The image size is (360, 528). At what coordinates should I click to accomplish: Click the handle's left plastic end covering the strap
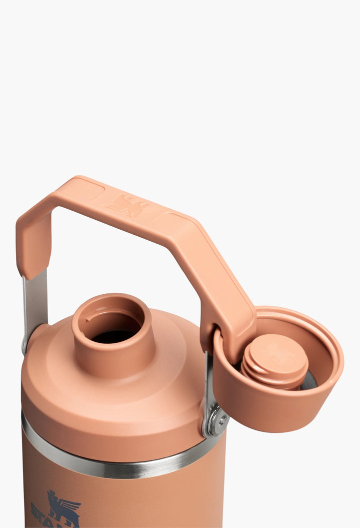[33, 245]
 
